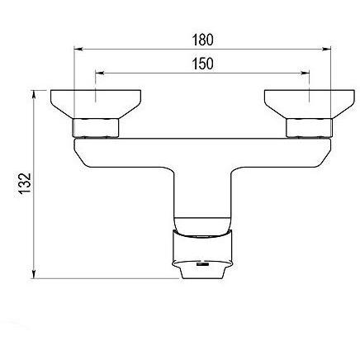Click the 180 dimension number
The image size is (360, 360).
[x=202, y=40]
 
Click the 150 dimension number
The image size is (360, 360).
[x=202, y=64]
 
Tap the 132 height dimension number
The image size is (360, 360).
[x=26, y=184]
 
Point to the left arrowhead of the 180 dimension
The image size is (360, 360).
[x=78, y=50]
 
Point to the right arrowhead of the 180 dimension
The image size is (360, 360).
[x=326, y=50]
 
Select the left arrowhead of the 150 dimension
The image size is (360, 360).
[x=99, y=73]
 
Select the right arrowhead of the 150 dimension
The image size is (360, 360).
[x=306, y=73]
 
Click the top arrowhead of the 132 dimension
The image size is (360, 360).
[x=34, y=94]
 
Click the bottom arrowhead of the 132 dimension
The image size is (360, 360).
[x=34, y=274]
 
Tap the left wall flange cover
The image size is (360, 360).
[x=96, y=104]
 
